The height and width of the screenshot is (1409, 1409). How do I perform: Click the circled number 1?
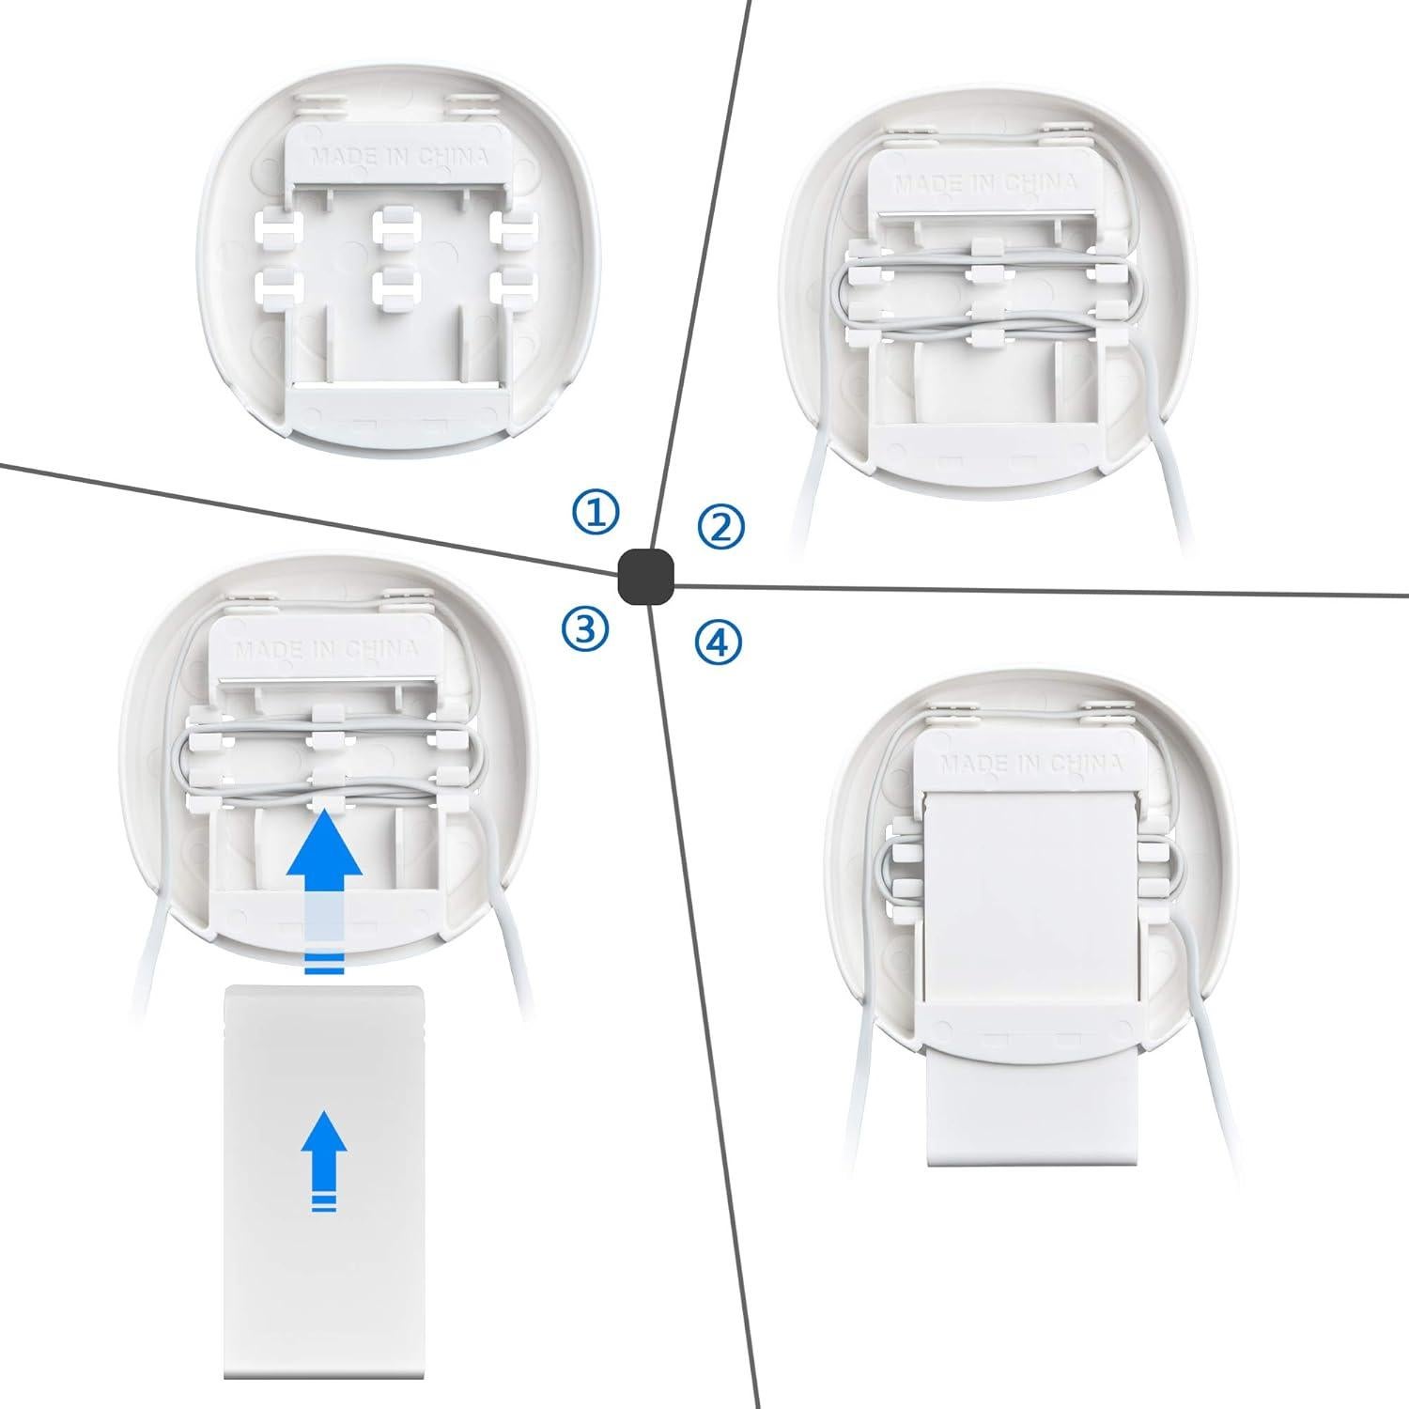pos(596,513)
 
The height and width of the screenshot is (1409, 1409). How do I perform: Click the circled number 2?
pos(720,527)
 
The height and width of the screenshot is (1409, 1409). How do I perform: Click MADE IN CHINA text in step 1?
pos(399,157)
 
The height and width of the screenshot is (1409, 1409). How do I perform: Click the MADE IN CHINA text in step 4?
pos(1031,762)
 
